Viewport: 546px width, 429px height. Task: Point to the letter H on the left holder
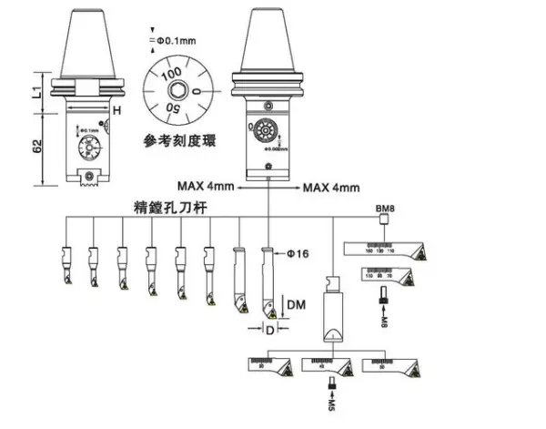click(x=116, y=110)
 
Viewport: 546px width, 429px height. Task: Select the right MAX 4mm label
click(x=330, y=187)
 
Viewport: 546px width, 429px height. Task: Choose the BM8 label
click(x=385, y=209)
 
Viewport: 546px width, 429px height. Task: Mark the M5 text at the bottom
click(x=331, y=402)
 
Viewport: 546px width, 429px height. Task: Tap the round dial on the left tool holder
click(x=90, y=145)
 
